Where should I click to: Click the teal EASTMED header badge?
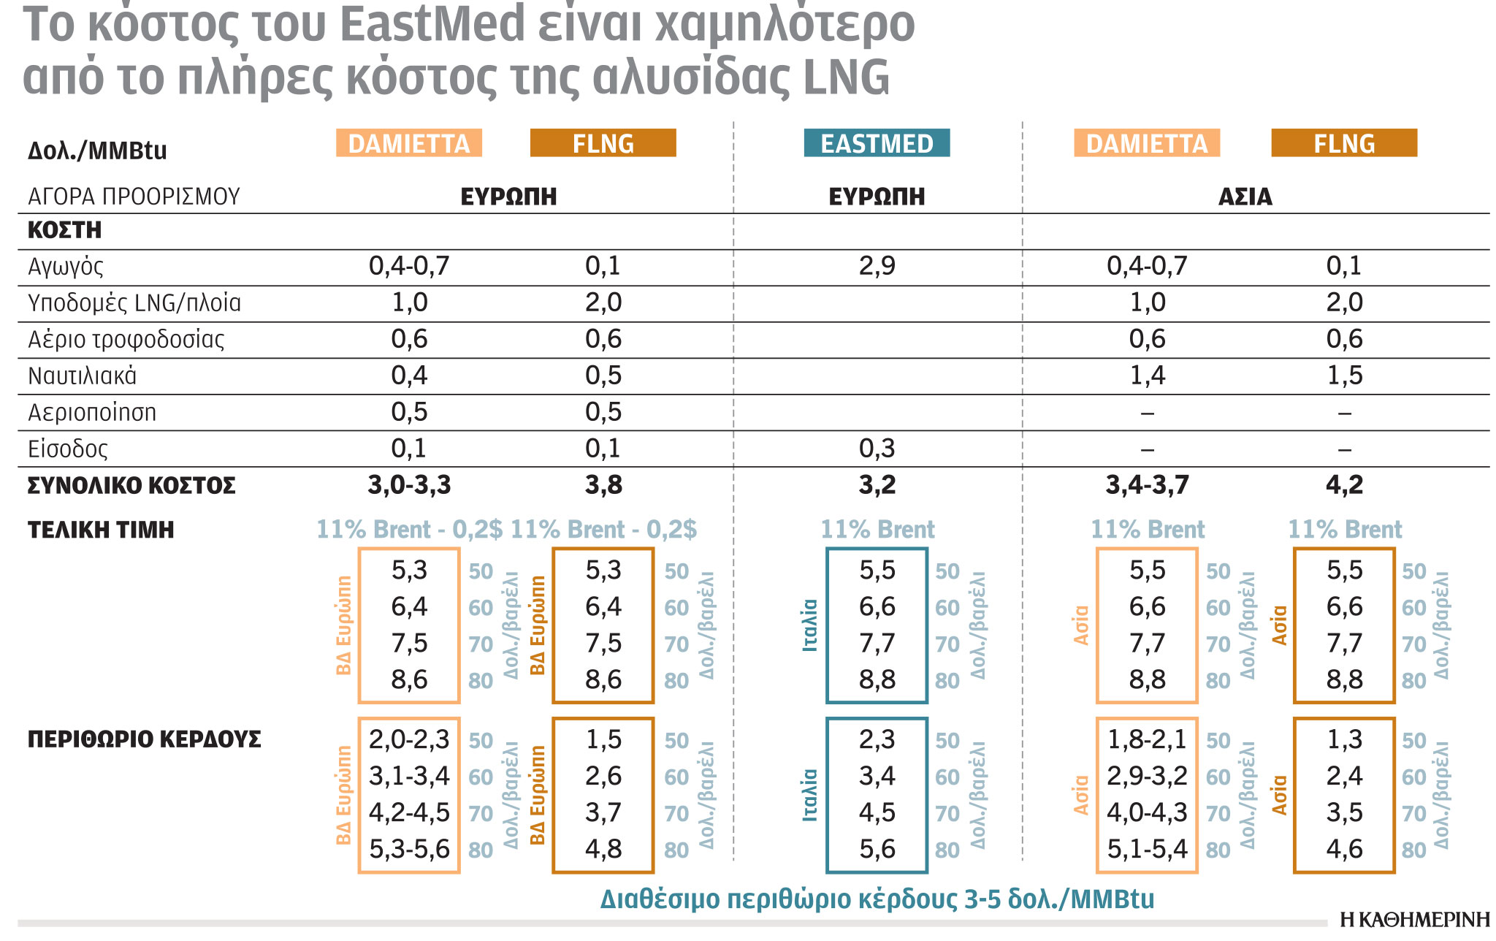[x=877, y=143]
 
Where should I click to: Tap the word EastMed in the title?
[x=432, y=25]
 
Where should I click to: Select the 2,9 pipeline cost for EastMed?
[x=877, y=266]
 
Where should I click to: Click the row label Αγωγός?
[x=66, y=267]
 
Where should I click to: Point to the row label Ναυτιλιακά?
[x=82, y=376]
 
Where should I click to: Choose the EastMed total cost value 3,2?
[x=877, y=485]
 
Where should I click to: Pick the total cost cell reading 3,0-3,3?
[x=409, y=485]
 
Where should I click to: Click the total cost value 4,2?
[x=1344, y=485]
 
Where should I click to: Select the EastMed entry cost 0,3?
[x=877, y=449]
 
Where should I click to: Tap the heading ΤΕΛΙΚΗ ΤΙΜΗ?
[x=101, y=530]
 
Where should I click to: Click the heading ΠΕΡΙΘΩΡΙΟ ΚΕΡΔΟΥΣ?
[x=144, y=739]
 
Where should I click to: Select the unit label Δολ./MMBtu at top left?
[x=97, y=151]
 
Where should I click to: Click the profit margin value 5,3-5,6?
[x=409, y=849]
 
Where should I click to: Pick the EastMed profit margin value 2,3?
[x=877, y=739]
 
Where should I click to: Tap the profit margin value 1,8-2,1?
[x=1147, y=739]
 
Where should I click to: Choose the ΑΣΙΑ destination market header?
[x=1245, y=197]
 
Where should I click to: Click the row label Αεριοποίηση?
[x=92, y=413]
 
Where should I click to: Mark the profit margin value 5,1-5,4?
[x=1147, y=849]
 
